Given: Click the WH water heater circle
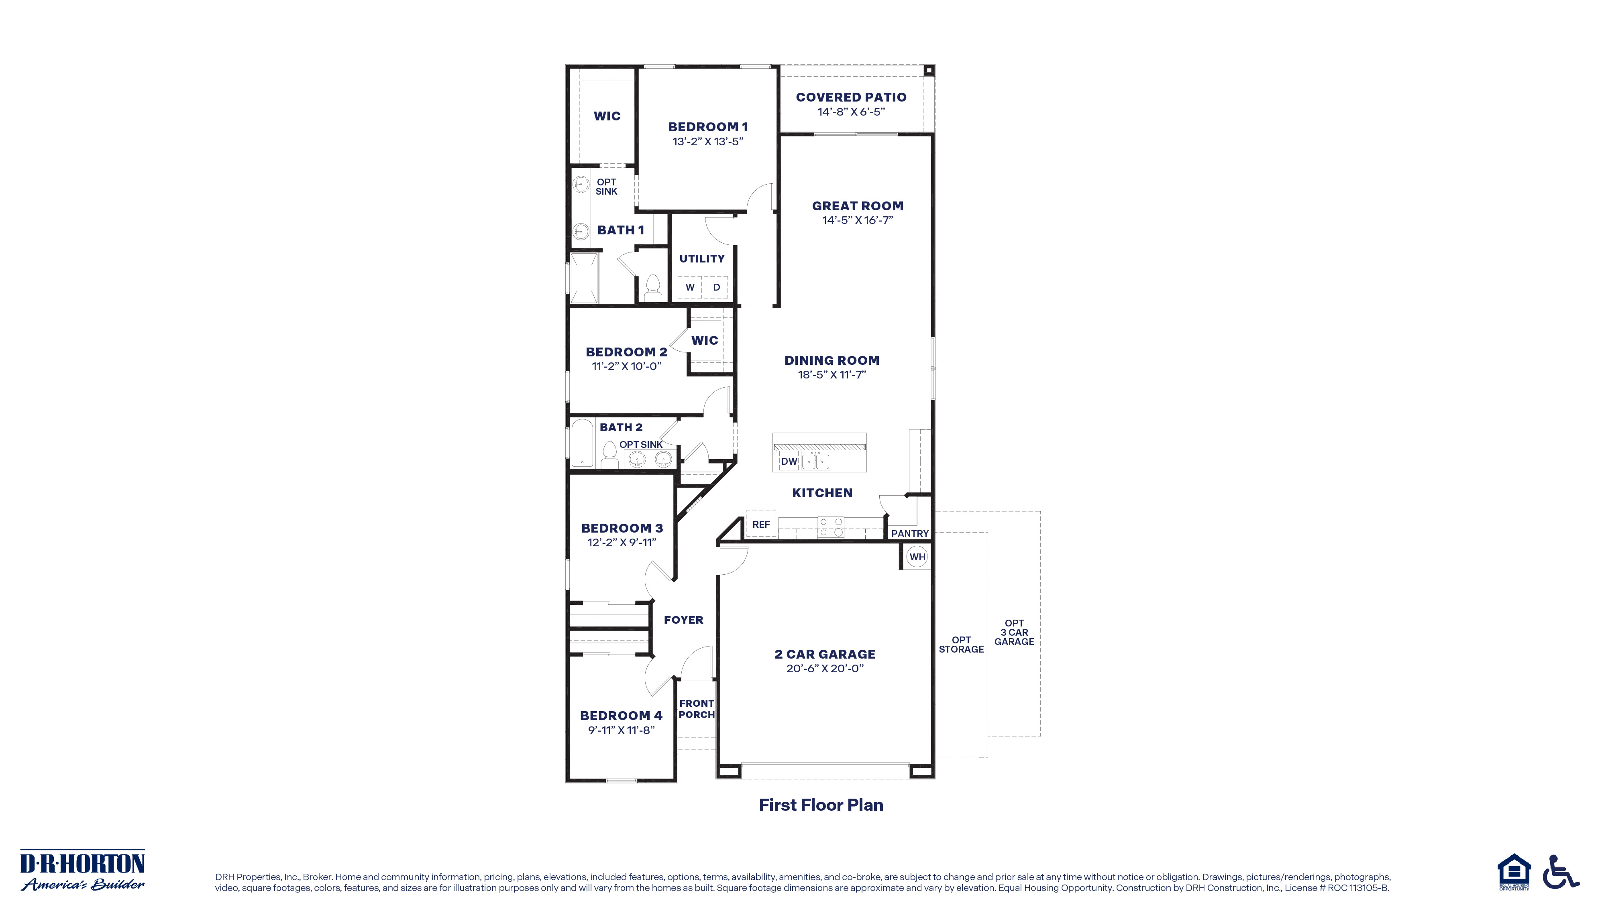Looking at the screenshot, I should click(917, 557).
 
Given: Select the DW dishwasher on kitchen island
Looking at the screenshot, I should click(789, 461).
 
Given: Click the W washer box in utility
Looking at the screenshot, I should click(690, 287).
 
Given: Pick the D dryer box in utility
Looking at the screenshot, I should click(716, 287).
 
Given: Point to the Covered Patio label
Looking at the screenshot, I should click(851, 97).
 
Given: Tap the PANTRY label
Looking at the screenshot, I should click(910, 533).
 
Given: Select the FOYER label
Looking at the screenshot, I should click(683, 619).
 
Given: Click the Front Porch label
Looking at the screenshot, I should click(696, 709).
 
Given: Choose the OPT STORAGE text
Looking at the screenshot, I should click(961, 645).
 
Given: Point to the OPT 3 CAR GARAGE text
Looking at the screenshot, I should click(1014, 632).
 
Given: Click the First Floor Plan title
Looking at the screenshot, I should click(820, 805).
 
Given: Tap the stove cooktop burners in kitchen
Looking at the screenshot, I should click(830, 527).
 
